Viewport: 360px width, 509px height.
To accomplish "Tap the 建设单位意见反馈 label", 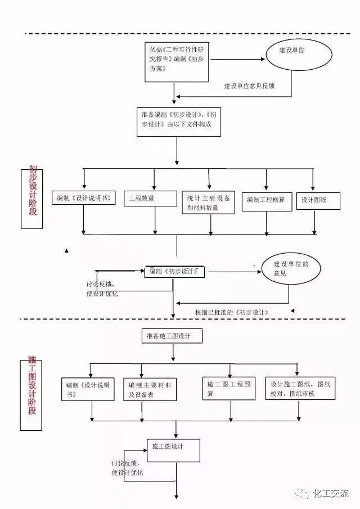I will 249,87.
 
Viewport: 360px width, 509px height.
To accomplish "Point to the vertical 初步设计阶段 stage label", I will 33,196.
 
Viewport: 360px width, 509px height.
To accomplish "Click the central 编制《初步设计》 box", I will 175,271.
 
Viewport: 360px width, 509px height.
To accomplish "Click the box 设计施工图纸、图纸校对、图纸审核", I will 300,388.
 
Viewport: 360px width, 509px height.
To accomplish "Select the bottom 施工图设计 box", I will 173,449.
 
